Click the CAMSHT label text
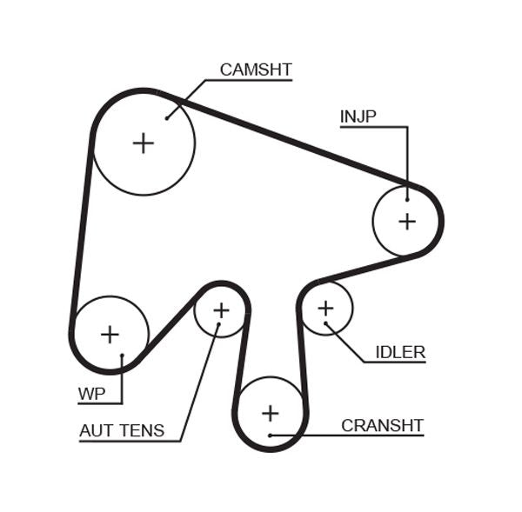255,70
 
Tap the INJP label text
358,116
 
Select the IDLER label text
400,352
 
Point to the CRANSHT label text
382,425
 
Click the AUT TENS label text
122,430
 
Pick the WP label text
91,394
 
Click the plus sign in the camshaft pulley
143,143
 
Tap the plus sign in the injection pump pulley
407,221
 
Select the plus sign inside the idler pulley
325,308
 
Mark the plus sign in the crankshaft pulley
271,413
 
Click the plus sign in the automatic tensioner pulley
221,310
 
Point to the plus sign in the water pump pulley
110,335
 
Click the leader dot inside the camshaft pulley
166,117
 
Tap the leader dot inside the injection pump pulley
406,199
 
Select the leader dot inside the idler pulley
326,323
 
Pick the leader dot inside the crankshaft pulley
271,435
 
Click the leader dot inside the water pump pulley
123,355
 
